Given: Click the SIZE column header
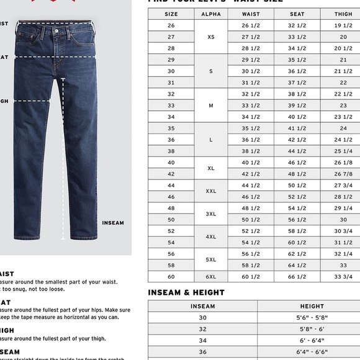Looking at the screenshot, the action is (x=171, y=14).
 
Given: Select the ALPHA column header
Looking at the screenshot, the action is (x=211, y=14).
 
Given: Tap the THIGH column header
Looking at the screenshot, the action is (x=343, y=14).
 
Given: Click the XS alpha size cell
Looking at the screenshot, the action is (x=211, y=37).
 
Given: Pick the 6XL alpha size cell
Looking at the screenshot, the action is (x=211, y=276).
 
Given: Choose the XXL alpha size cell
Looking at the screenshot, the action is (x=211, y=191).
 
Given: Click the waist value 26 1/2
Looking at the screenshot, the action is (x=251, y=25).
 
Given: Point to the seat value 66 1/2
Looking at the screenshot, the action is (x=297, y=276).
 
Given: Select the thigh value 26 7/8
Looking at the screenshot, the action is (x=343, y=174).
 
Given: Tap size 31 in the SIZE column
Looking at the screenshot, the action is (x=171, y=83).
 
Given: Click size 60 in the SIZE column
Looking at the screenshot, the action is (x=171, y=276).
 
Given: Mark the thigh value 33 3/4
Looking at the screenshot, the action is (x=343, y=276).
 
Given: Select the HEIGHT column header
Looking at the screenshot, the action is (x=312, y=306).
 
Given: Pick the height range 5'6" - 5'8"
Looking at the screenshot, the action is (x=312, y=318).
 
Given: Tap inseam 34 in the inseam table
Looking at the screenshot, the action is (x=202, y=341).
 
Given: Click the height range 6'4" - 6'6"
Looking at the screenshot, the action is (x=312, y=352).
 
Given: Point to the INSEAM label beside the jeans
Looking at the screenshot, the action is (x=113, y=223).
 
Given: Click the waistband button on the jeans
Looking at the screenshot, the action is (x=56, y=30).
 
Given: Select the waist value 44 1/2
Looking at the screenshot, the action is (x=251, y=185).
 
